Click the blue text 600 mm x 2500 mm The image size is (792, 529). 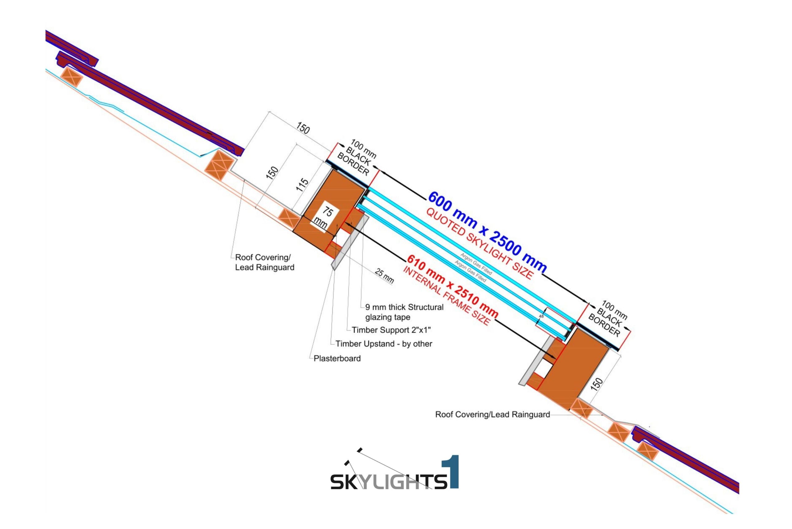pyautogui.click(x=487, y=232)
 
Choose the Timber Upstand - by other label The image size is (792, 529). pyautogui.click(x=384, y=344)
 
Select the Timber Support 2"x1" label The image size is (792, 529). pyautogui.click(x=391, y=330)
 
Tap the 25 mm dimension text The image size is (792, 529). pyautogui.click(x=384, y=276)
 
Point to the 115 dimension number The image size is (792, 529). pyautogui.click(x=303, y=184)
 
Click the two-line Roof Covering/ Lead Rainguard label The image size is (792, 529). pyautogui.click(x=264, y=262)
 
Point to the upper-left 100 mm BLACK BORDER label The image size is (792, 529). pyautogui.click(x=357, y=158)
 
